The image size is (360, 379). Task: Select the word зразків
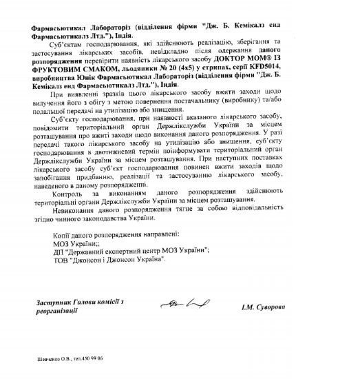pyautogui.click(x=100, y=96)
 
